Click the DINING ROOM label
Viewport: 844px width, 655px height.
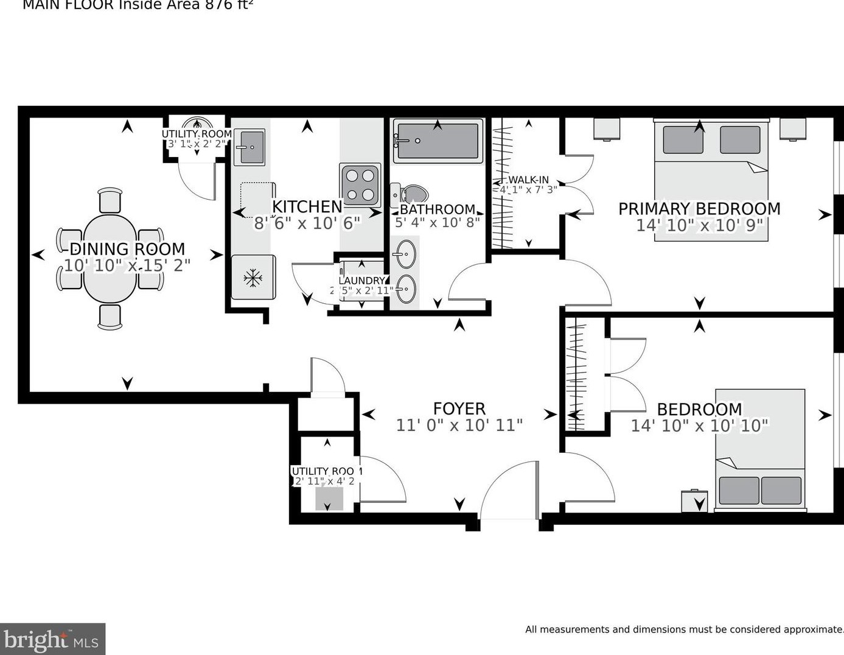pos(127,249)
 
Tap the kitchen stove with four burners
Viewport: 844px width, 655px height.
pos(360,184)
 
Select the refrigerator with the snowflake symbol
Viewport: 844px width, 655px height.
pos(253,278)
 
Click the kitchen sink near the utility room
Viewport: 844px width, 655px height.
pos(249,147)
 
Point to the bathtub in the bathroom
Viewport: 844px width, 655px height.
pos(438,141)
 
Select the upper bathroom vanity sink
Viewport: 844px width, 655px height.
pos(406,254)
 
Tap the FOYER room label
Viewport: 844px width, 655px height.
pos(459,408)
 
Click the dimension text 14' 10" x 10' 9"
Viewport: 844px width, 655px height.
pos(699,225)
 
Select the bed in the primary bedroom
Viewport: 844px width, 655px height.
pos(711,180)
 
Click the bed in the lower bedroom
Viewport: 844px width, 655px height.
pos(760,449)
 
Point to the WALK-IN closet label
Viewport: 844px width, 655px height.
pos(528,180)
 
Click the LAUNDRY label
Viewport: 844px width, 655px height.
pos(361,281)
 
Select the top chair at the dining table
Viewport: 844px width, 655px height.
pos(110,200)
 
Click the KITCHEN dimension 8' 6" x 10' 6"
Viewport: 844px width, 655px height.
pos(307,223)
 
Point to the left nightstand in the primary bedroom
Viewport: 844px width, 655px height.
pos(607,129)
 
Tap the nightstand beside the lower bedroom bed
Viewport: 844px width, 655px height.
pos(694,501)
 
